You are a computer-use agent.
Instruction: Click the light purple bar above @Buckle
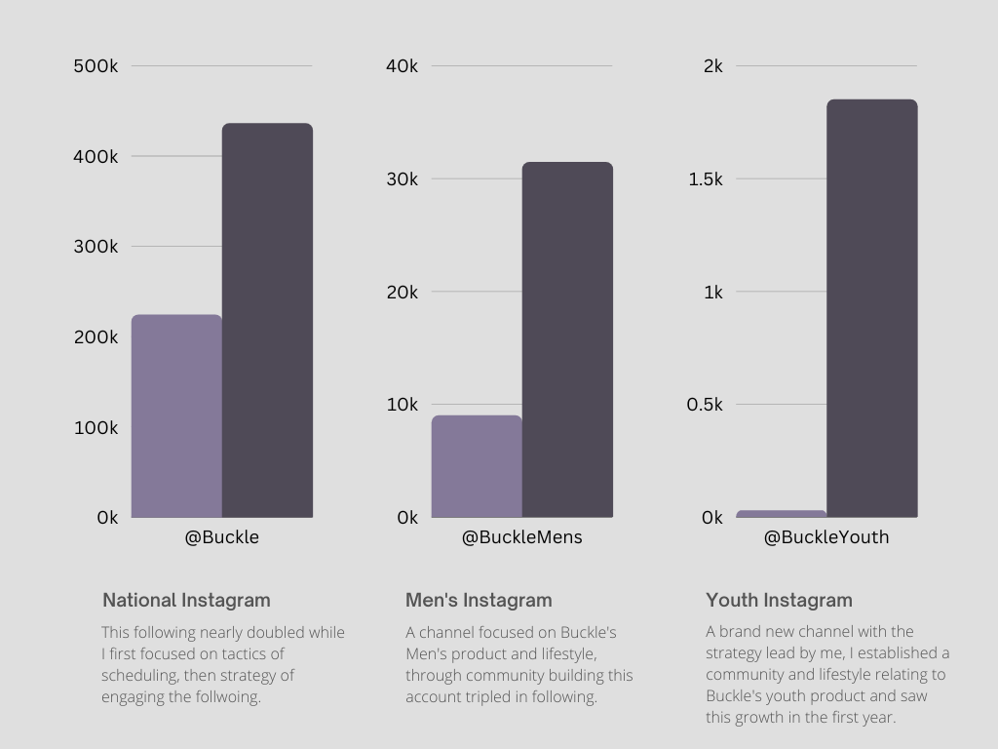click(x=176, y=415)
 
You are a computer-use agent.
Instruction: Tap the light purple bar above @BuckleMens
click(x=477, y=466)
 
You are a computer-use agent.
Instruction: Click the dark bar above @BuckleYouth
click(x=871, y=308)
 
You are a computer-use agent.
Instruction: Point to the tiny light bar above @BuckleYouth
click(x=781, y=513)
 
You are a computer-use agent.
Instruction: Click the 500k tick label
click(x=96, y=66)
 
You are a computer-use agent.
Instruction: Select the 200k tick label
click(x=96, y=337)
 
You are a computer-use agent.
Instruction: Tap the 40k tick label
click(x=402, y=66)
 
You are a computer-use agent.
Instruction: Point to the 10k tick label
click(x=402, y=405)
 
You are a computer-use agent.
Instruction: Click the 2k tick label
click(x=712, y=66)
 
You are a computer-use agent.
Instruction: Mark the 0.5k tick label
click(x=705, y=405)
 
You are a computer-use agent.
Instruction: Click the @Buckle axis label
click(x=222, y=537)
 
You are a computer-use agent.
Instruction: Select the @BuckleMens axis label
click(x=521, y=537)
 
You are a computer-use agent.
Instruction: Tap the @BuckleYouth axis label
click(x=826, y=537)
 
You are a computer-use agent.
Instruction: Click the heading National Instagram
click(x=186, y=601)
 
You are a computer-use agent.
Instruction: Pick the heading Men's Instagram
click(x=479, y=601)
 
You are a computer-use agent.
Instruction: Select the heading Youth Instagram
click(x=779, y=601)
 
